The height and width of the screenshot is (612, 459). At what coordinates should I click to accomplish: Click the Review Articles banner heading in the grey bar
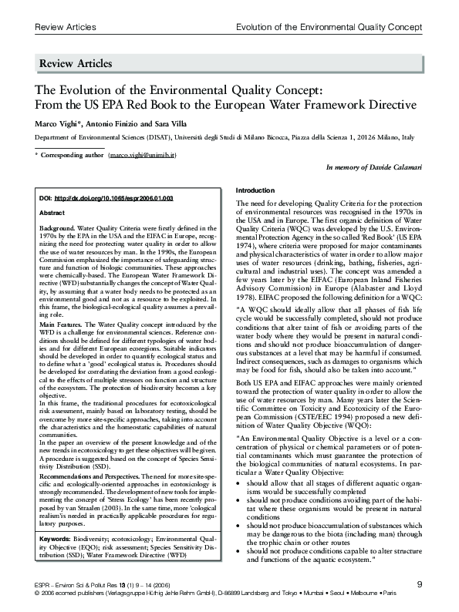click(77, 63)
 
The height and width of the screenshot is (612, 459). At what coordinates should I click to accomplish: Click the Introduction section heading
click(255, 190)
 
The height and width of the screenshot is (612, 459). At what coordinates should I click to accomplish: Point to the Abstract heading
click(51, 211)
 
